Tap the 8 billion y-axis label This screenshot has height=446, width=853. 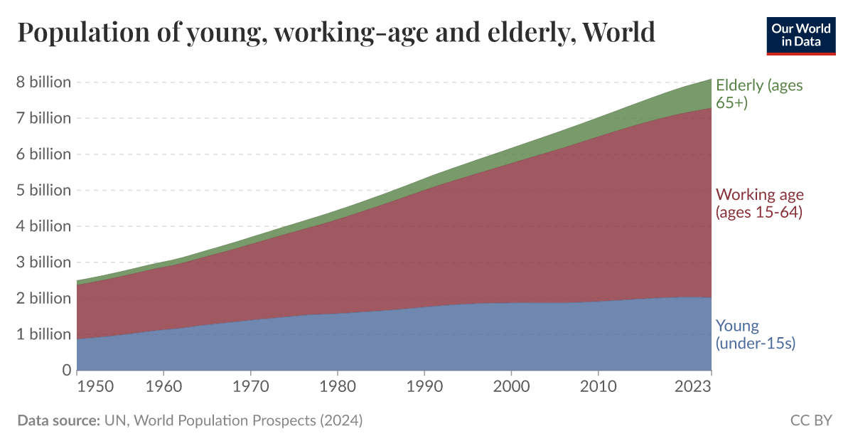tap(43, 82)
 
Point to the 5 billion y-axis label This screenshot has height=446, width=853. tap(43, 190)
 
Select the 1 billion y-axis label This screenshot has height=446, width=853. tap(43, 334)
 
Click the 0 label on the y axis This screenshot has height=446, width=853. tap(66, 370)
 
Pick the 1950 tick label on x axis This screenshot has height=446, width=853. tap(95, 387)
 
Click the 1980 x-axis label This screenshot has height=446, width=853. tap(338, 387)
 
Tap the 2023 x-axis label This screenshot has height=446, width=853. tap(694, 387)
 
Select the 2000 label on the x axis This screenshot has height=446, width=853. tap(511, 387)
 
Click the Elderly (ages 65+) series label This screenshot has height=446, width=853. tap(758, 94)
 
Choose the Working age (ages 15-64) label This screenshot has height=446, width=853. tap(758, 203)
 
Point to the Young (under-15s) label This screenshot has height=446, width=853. tap(754, 334)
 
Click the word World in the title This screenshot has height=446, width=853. tap(618, 33)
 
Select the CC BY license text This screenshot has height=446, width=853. tap(811, 420)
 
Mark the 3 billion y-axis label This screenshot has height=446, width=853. tap(43, 262)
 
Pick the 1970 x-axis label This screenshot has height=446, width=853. tap(251, 387)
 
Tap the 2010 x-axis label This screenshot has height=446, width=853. tap(598, 387)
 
